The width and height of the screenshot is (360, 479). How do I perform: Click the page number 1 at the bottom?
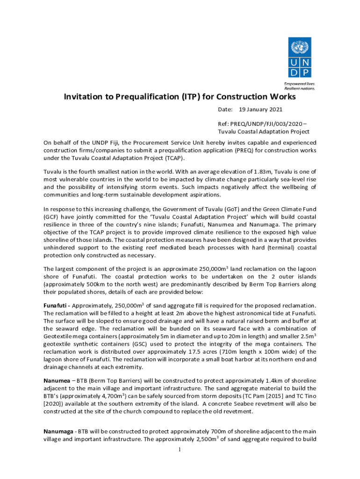click(x=180, y=450)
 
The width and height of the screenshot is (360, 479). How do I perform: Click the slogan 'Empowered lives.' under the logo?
click(x=299, y=83)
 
